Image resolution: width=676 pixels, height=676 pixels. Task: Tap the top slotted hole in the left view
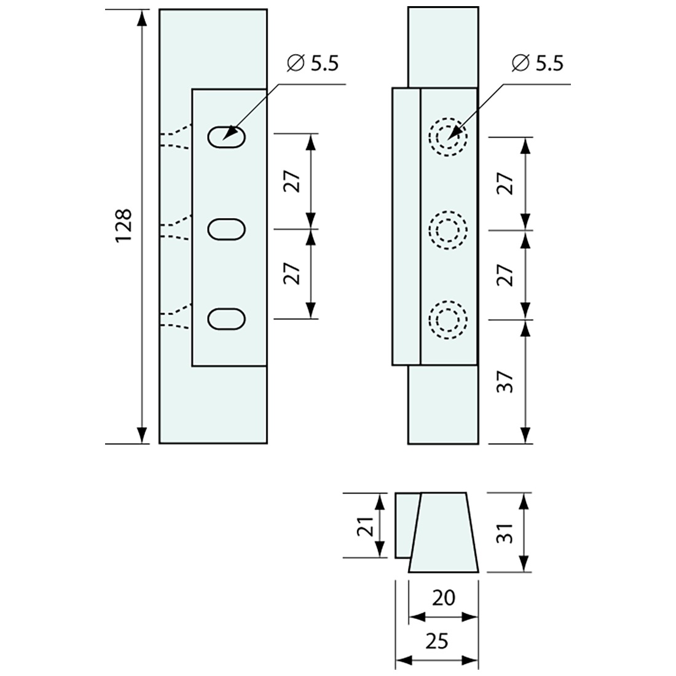point(227,136)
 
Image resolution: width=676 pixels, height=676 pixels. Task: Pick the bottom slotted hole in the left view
point(227,318)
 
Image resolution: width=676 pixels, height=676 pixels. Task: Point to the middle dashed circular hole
point(448,230)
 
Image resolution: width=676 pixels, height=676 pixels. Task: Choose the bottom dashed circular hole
point(448,320)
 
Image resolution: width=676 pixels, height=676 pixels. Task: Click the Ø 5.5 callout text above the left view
point(313,63)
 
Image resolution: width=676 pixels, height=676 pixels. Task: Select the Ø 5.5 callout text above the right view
point(537,63)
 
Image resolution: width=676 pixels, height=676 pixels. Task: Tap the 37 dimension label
point(504,381)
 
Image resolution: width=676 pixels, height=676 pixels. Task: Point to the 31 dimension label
point(504,532)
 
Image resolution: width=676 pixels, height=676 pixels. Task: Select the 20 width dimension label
point(444,597)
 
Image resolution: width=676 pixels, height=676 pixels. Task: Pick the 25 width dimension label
point(437,642)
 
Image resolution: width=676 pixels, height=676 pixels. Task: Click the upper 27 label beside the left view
point(293,182)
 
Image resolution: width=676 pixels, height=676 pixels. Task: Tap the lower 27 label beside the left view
point(293,273)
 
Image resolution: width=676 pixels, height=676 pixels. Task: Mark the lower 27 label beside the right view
point(504,275)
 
